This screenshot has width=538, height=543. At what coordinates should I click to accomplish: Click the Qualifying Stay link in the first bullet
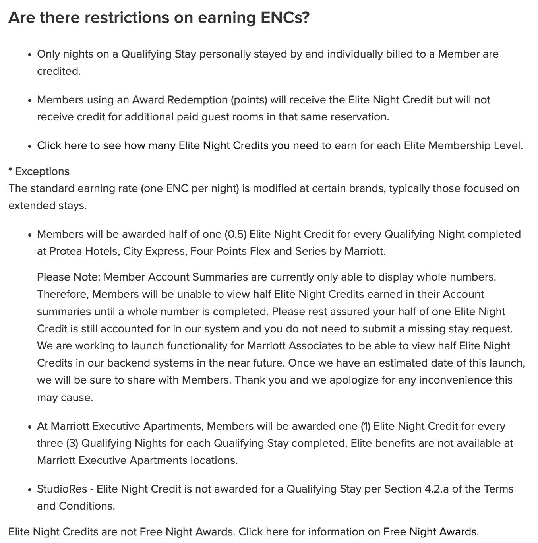click(x=159, y=54)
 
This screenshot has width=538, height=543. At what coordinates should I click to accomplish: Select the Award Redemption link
click(x=180, y=100)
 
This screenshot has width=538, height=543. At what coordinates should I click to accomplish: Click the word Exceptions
click(x=42, y=171)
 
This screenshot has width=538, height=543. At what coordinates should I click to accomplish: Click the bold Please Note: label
click(x=68, y=277)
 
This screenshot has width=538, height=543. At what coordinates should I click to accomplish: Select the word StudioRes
click(x=62, y=489)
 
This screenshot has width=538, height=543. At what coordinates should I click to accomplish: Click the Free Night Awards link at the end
click(x=430, y=532)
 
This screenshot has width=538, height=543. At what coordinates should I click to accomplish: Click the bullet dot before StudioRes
click(x=30, y=490)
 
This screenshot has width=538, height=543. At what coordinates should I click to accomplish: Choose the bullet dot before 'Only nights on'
click(x=30, y=55)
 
